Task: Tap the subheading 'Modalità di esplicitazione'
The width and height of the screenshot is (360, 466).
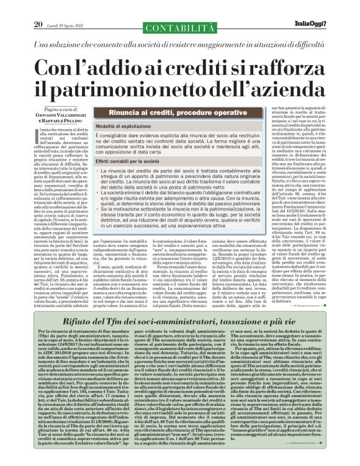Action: click(x=123, y=126)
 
